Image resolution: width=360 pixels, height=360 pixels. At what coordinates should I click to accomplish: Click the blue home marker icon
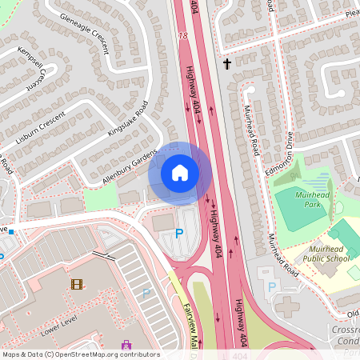(180, 172)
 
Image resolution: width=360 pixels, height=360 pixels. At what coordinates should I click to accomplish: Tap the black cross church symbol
(227, 63)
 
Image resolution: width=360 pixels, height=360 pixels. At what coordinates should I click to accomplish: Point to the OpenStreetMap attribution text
(81, 354)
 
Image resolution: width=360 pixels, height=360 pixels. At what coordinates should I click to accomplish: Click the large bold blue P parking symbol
(178, 234)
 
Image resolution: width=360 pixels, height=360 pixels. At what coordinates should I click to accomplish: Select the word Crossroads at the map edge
(339, 331)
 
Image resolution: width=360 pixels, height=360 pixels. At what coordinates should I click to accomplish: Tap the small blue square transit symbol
(12, 230)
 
